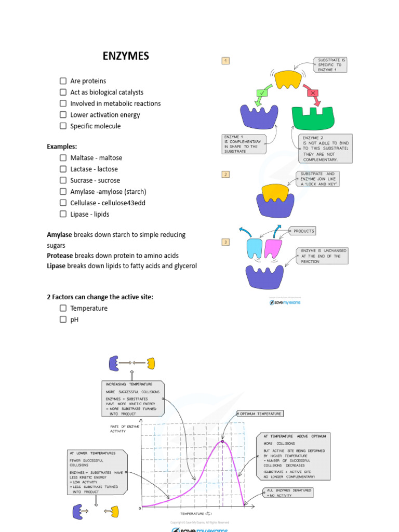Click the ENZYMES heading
(126, 56)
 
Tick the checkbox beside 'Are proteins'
(63, 81)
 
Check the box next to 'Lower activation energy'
(63, 115)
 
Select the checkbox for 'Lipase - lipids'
(63, 214)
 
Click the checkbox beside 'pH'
(63, 320)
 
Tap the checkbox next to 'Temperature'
(63, 308)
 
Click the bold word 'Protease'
(60, 256)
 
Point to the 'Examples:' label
(62, 147)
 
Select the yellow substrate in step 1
(288, 79)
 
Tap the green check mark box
(261, 94)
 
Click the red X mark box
(312, 93)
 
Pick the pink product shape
(273, 248)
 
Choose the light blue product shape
(254, 248)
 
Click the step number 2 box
(225, 174)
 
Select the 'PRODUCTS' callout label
(303, 231)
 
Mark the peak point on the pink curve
(222, 442)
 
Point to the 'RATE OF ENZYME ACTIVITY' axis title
(125, 429)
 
